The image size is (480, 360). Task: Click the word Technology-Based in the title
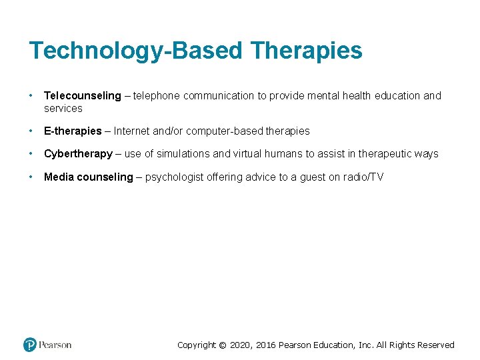click(137, 51)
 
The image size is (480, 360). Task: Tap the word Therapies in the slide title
click(307, 51)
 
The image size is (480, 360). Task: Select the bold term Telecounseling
click(83, 95)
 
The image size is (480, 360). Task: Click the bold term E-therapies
click(73, 131)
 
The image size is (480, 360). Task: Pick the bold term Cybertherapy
click(78, 153)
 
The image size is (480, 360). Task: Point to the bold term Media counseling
click(89, 177)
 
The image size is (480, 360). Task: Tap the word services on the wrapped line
click(63, 108)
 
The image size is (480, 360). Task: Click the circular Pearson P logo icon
click(30, 345)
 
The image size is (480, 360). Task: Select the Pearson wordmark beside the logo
click(55, 345)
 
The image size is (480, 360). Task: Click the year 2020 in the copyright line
click(241, 345)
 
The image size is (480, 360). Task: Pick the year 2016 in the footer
click(265, 345)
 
